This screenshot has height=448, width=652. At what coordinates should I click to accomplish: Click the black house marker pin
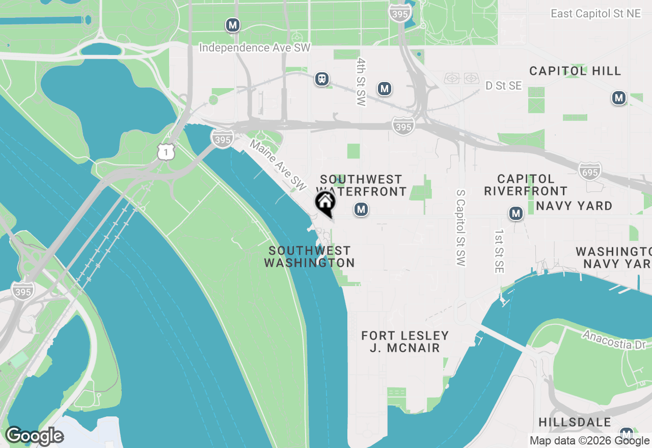click(325, 203)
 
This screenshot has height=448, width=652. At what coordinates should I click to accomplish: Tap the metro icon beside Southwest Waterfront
click(361, 209)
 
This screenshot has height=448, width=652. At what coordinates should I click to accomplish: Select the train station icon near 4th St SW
click(321, 79)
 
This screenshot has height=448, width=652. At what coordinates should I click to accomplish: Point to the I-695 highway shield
click(589, 172)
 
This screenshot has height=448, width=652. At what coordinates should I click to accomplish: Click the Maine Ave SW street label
click(278, 163)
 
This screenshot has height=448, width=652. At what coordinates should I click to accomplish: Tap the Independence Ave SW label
click(255, 48)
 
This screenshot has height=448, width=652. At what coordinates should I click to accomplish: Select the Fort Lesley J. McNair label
click(405, 342)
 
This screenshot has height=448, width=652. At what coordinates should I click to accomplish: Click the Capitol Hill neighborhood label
click(575, 71)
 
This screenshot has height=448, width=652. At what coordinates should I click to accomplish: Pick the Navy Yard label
click(574, 206)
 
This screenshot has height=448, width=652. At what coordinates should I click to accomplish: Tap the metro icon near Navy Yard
click(516, 213)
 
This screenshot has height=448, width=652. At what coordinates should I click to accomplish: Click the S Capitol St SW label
click(460, 228)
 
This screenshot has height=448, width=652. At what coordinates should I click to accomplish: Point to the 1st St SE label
click(499, 250)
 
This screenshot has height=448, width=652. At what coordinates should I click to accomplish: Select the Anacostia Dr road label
click(614, 340)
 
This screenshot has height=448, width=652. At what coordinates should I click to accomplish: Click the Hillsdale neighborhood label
click(575, 422)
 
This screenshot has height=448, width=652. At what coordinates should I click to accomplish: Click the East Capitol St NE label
click(595, 14)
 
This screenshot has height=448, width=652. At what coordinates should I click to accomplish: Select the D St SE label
click(503, 86)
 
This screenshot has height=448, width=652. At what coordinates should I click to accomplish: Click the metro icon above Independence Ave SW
click(233, 24)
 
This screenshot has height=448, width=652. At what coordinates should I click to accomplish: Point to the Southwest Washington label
click(309, 257)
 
